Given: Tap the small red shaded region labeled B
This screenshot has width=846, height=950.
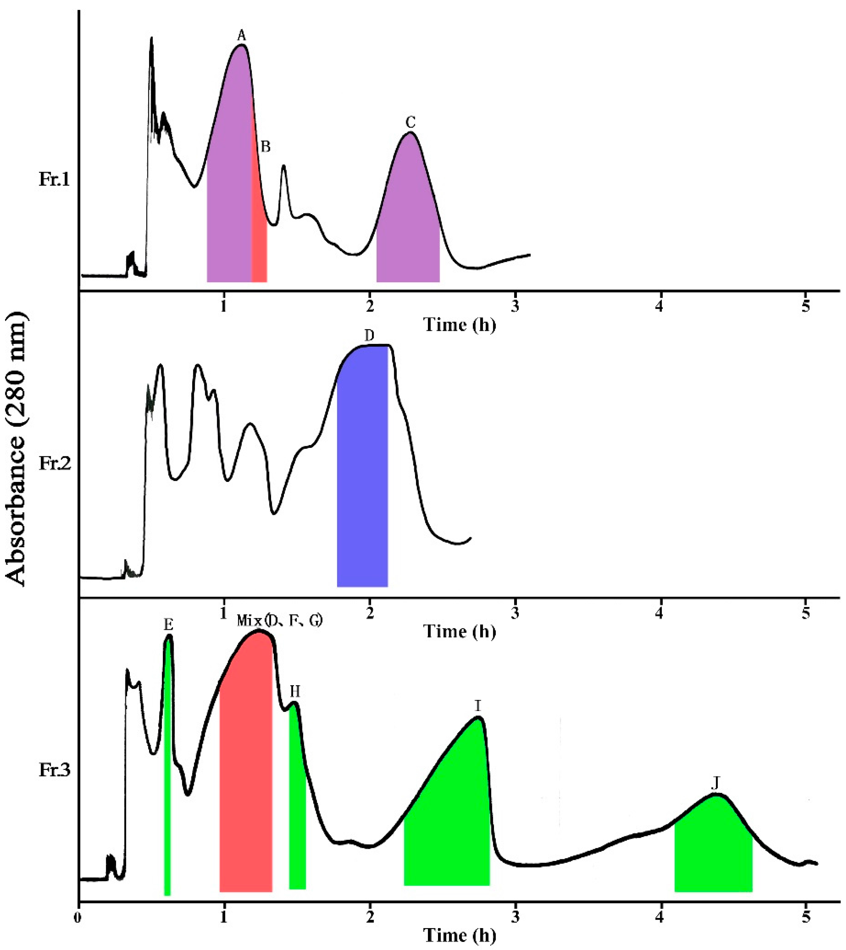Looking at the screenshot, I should pos(259,242).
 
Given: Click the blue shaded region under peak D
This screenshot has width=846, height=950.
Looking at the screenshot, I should pos(362,470).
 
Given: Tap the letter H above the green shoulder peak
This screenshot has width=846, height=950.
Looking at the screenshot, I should pos(295,692).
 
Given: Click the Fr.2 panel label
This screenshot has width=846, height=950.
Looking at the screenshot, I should pos(54,464).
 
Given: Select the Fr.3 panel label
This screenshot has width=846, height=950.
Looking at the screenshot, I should pos(54,771).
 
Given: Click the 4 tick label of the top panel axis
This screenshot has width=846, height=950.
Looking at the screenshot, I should pos(660,307).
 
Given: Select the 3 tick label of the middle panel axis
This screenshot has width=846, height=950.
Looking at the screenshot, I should pos(515,612).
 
